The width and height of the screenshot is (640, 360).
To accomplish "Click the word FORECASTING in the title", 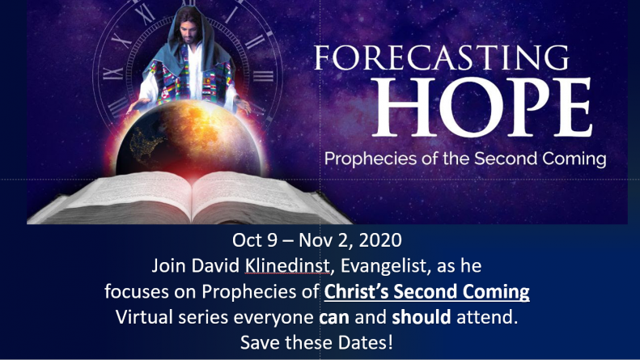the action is coord(441,57).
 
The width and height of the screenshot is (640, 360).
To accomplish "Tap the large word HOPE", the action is coord(482,107).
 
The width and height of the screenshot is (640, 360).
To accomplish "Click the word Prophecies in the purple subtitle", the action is coord(371,159).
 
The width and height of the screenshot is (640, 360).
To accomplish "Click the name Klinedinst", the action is coord(287,265).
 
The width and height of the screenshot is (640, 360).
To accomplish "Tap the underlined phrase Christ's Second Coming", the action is coord(427,292).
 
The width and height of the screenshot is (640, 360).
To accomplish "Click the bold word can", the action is coord(334,318).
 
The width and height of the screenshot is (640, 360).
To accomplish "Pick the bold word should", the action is coord(422,317).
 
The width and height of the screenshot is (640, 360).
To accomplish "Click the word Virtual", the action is coord(145,317).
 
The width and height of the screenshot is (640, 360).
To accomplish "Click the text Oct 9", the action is coord(255,240).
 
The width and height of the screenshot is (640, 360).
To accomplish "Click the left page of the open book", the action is coord(130,195).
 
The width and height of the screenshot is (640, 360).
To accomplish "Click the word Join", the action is coord(168,266).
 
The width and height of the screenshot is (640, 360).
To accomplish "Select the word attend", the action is coord(487,317).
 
